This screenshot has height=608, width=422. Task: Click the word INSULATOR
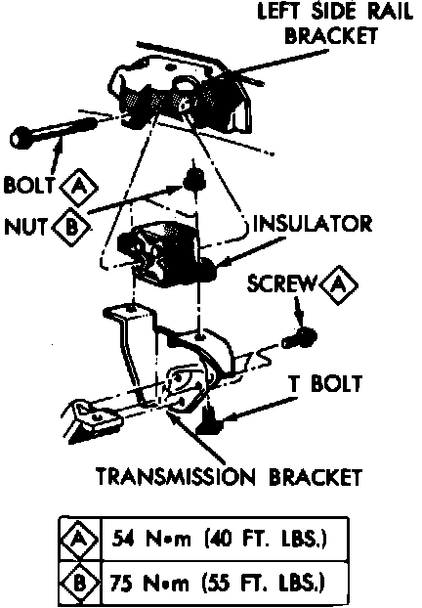point(313,224)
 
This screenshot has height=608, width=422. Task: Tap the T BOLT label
point(325,383)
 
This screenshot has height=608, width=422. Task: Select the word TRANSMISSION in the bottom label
point(176,477)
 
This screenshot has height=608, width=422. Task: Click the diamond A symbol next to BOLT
point(79,187)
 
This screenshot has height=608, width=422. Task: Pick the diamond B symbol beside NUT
point(71,227)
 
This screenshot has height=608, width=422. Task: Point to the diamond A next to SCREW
point(339,285)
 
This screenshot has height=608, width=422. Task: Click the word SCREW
point(281,283)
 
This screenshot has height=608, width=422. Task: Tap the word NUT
point(26,227)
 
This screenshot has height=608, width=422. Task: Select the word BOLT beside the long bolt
point(28,185)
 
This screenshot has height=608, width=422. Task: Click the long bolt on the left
point(53,131)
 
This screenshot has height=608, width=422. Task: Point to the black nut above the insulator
point(193,180)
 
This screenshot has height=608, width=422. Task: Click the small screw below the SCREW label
point(299,338)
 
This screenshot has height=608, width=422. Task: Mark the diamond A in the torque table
point(79,539)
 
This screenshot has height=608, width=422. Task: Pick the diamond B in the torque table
point(79,583)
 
